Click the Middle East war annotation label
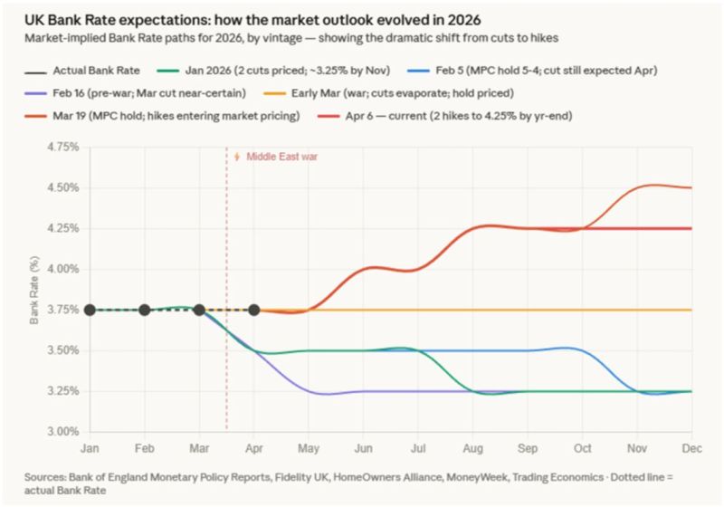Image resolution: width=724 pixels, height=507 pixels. [282, 157]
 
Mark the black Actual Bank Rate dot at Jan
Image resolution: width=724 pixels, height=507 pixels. [90, 310]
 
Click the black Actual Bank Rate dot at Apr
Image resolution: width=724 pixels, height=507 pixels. [254, 310]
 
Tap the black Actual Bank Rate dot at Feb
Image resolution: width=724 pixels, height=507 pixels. [145, 310]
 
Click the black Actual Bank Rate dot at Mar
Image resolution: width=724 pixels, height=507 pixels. [199, 310]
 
